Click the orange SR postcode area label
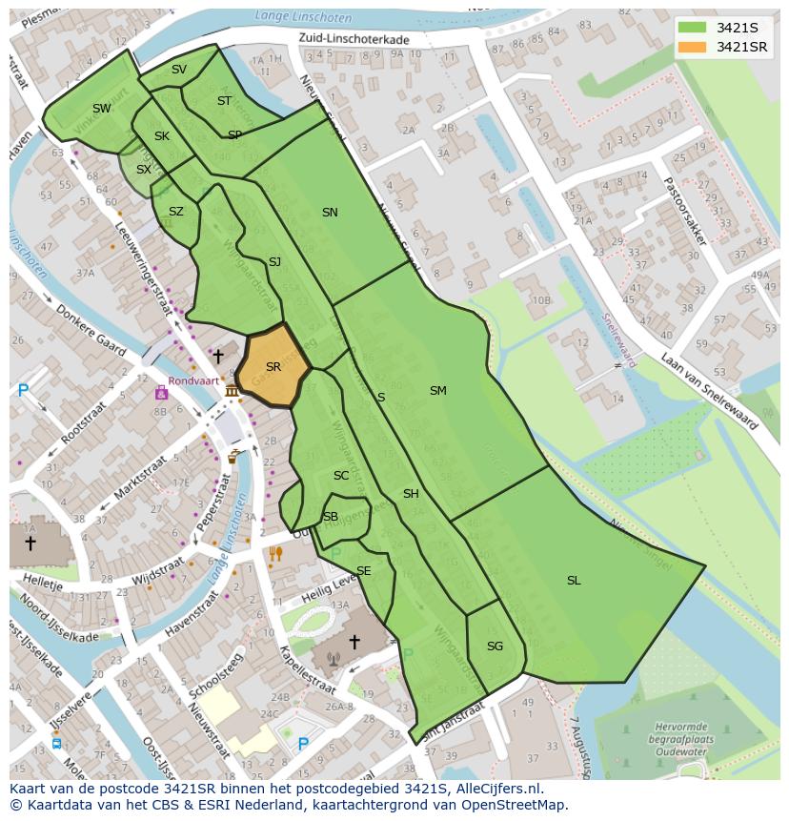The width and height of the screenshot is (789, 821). tap(273, 367)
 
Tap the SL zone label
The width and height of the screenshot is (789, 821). tap(574, 581)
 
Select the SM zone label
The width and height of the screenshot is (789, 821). tap(437, 391)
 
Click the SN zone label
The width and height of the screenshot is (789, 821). tap(330, 213)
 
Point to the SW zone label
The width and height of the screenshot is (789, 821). tap(102, 109)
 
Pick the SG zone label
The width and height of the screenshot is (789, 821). tap(495, 647)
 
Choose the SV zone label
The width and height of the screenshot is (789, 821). tap(179, 70)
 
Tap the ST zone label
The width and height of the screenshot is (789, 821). tap(224, 101)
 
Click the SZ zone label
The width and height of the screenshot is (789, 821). tap(176, 212)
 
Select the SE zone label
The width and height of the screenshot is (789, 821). tap(363, 571)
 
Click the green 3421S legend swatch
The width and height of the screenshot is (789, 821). tap(692, 28)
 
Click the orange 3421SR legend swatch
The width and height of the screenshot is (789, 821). tap(692, 47)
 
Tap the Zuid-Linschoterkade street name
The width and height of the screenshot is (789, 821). tap(354, 40)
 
